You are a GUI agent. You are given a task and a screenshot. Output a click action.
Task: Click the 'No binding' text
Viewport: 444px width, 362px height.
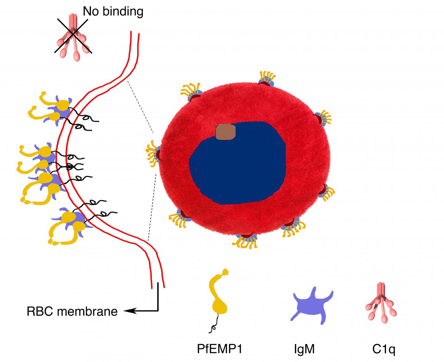[x=113, y=12]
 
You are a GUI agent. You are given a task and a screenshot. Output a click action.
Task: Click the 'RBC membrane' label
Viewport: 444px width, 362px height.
[x=72, y=311]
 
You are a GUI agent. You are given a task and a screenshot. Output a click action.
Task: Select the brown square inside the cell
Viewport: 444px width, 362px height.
[x=226, y=132]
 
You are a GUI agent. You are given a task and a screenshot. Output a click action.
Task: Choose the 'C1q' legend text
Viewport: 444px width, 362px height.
[x=384, y=349]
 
